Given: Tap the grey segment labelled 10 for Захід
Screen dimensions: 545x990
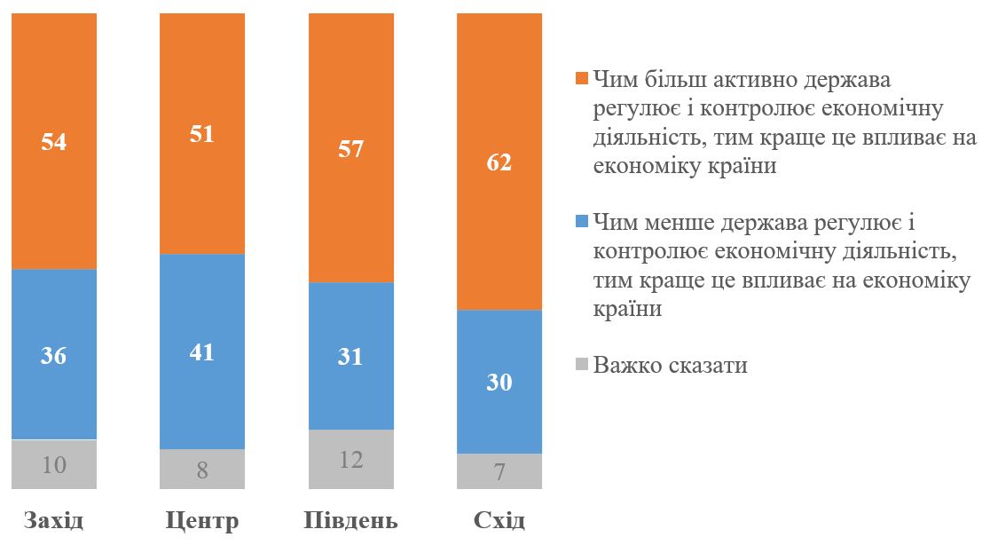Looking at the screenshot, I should tap(54, 464).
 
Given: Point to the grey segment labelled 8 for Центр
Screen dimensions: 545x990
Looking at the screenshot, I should tap(202, 470).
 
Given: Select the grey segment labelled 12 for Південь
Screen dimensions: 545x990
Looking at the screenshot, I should tap(351, 460).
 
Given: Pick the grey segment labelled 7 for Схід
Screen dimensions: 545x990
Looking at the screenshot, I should tap(499, 471).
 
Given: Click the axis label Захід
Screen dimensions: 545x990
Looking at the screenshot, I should tap(54, 519).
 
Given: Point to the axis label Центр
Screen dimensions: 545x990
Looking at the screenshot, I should tap(202, 519).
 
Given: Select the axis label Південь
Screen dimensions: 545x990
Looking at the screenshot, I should tap(351, 519).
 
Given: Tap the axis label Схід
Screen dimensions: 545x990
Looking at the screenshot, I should tap(499, 519).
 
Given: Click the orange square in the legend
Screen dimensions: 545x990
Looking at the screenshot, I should tap(582, 80).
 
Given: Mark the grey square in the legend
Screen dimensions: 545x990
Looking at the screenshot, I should tap(582, 364).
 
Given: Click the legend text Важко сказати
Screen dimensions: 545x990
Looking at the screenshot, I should tap(671, 365).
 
